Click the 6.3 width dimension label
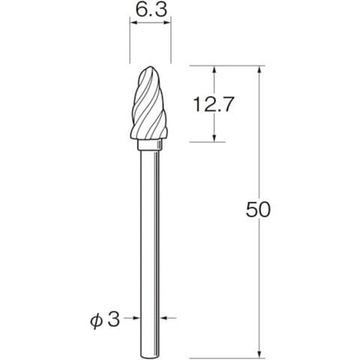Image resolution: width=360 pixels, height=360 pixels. (x=151, y=10)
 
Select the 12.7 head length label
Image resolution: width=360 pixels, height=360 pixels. (x=213, y=104)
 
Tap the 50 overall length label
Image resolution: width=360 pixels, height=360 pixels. (x=258, y=209)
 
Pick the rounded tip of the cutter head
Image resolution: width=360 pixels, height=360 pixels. (x=150, y=67)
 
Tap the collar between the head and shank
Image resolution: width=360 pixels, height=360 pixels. (x=151, y=145)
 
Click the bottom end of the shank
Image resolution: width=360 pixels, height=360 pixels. (x=150, y=357)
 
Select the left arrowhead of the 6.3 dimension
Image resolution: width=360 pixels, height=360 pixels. (x=134, y=22)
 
